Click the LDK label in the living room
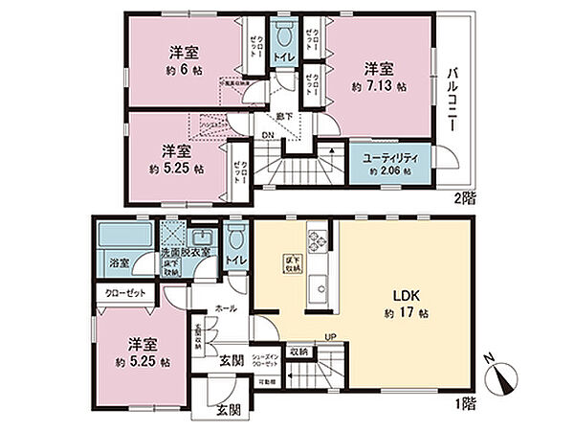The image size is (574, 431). click(399, 295)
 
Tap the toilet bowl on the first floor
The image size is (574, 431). click(235, 237)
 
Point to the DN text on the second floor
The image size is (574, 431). click(269, 134)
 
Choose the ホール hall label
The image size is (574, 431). click(226, 309)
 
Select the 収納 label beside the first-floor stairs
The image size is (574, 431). click(298, 352)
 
